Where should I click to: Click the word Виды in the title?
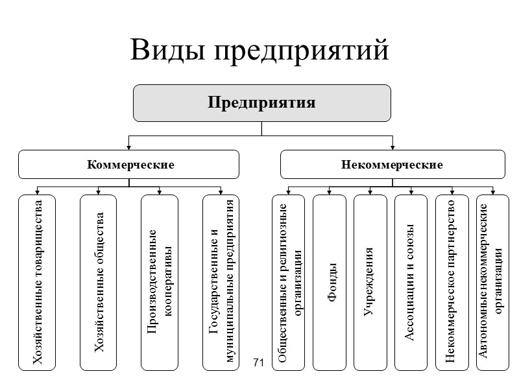pos(167,51)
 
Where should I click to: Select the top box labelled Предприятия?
pos(261,102)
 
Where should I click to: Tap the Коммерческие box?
pos(128,164)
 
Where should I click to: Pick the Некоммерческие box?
pos(392,164)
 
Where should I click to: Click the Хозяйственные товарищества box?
pos(37,283)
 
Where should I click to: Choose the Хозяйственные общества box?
pos(98,283)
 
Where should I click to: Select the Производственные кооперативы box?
pos(160,283)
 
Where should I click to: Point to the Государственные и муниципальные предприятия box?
pos(221,283)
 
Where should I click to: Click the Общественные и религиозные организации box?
pos(288,283)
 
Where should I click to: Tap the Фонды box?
pos(330,283)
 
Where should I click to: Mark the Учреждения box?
pos(370,283)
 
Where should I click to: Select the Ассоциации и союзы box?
pos(411,283)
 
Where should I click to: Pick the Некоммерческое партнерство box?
pos(452,283)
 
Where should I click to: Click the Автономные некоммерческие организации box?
pos(493,283)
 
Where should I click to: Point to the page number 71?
pos(258,361)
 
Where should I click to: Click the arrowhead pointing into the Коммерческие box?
pos(129,147)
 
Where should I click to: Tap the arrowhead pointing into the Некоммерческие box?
pos(392,147)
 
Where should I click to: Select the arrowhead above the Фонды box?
pos(330,191)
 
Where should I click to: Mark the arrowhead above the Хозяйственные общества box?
pos(98,191)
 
